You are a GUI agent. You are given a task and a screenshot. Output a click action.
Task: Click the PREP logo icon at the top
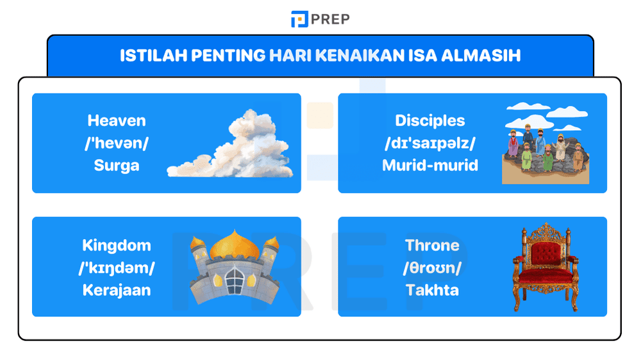299,19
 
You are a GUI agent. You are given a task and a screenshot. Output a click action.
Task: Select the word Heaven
117,120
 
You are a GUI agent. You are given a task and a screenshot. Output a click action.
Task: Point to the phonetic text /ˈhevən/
117,143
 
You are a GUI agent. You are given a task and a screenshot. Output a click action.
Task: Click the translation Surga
117,165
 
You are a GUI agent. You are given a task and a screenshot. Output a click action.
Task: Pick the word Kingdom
117,245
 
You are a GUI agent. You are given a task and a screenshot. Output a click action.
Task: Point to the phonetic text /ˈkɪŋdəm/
117,268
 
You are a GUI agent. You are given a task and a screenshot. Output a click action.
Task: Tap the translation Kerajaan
117,290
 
